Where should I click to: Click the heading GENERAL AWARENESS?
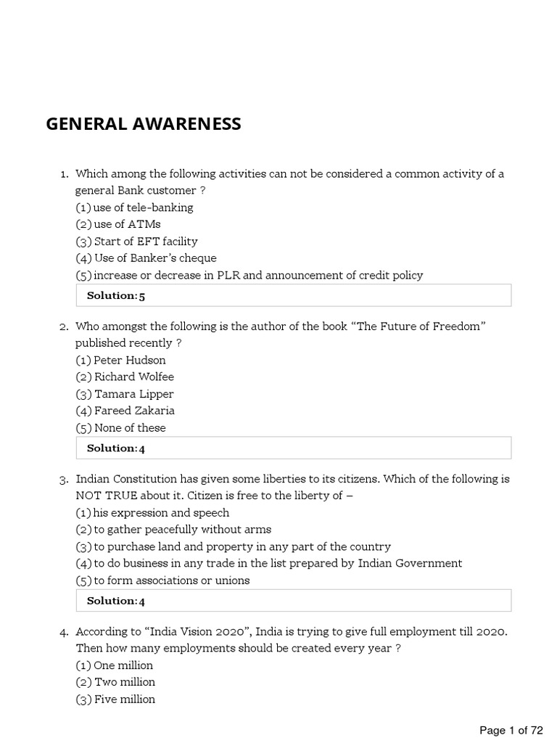click(x=144, y=124)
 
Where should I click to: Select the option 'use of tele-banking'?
click(x=134, y=208)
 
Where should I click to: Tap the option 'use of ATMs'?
click(x=118, y=224)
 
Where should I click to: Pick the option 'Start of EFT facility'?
click(x=136, y=241)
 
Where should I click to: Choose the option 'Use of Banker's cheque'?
click(x=146, y=258)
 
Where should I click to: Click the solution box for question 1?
click(x=293, y=295)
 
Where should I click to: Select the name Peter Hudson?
click(x=120, y=360)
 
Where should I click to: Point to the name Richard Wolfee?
click(x=125, y=377)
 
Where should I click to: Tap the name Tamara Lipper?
click(x=125, y=394)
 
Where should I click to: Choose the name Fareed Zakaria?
click(x=125, y=411)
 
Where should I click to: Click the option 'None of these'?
click(x=120, y=427)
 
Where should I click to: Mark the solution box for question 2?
click(x=293, y=448)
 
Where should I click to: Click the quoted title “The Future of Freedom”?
click(x=418, y=327)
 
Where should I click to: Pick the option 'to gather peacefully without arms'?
click(x=173, y=530)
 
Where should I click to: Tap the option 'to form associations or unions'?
click(x=162, y=580)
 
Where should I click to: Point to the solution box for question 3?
click(x=293, y=600)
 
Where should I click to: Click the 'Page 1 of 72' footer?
click(x=511, y=730)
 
